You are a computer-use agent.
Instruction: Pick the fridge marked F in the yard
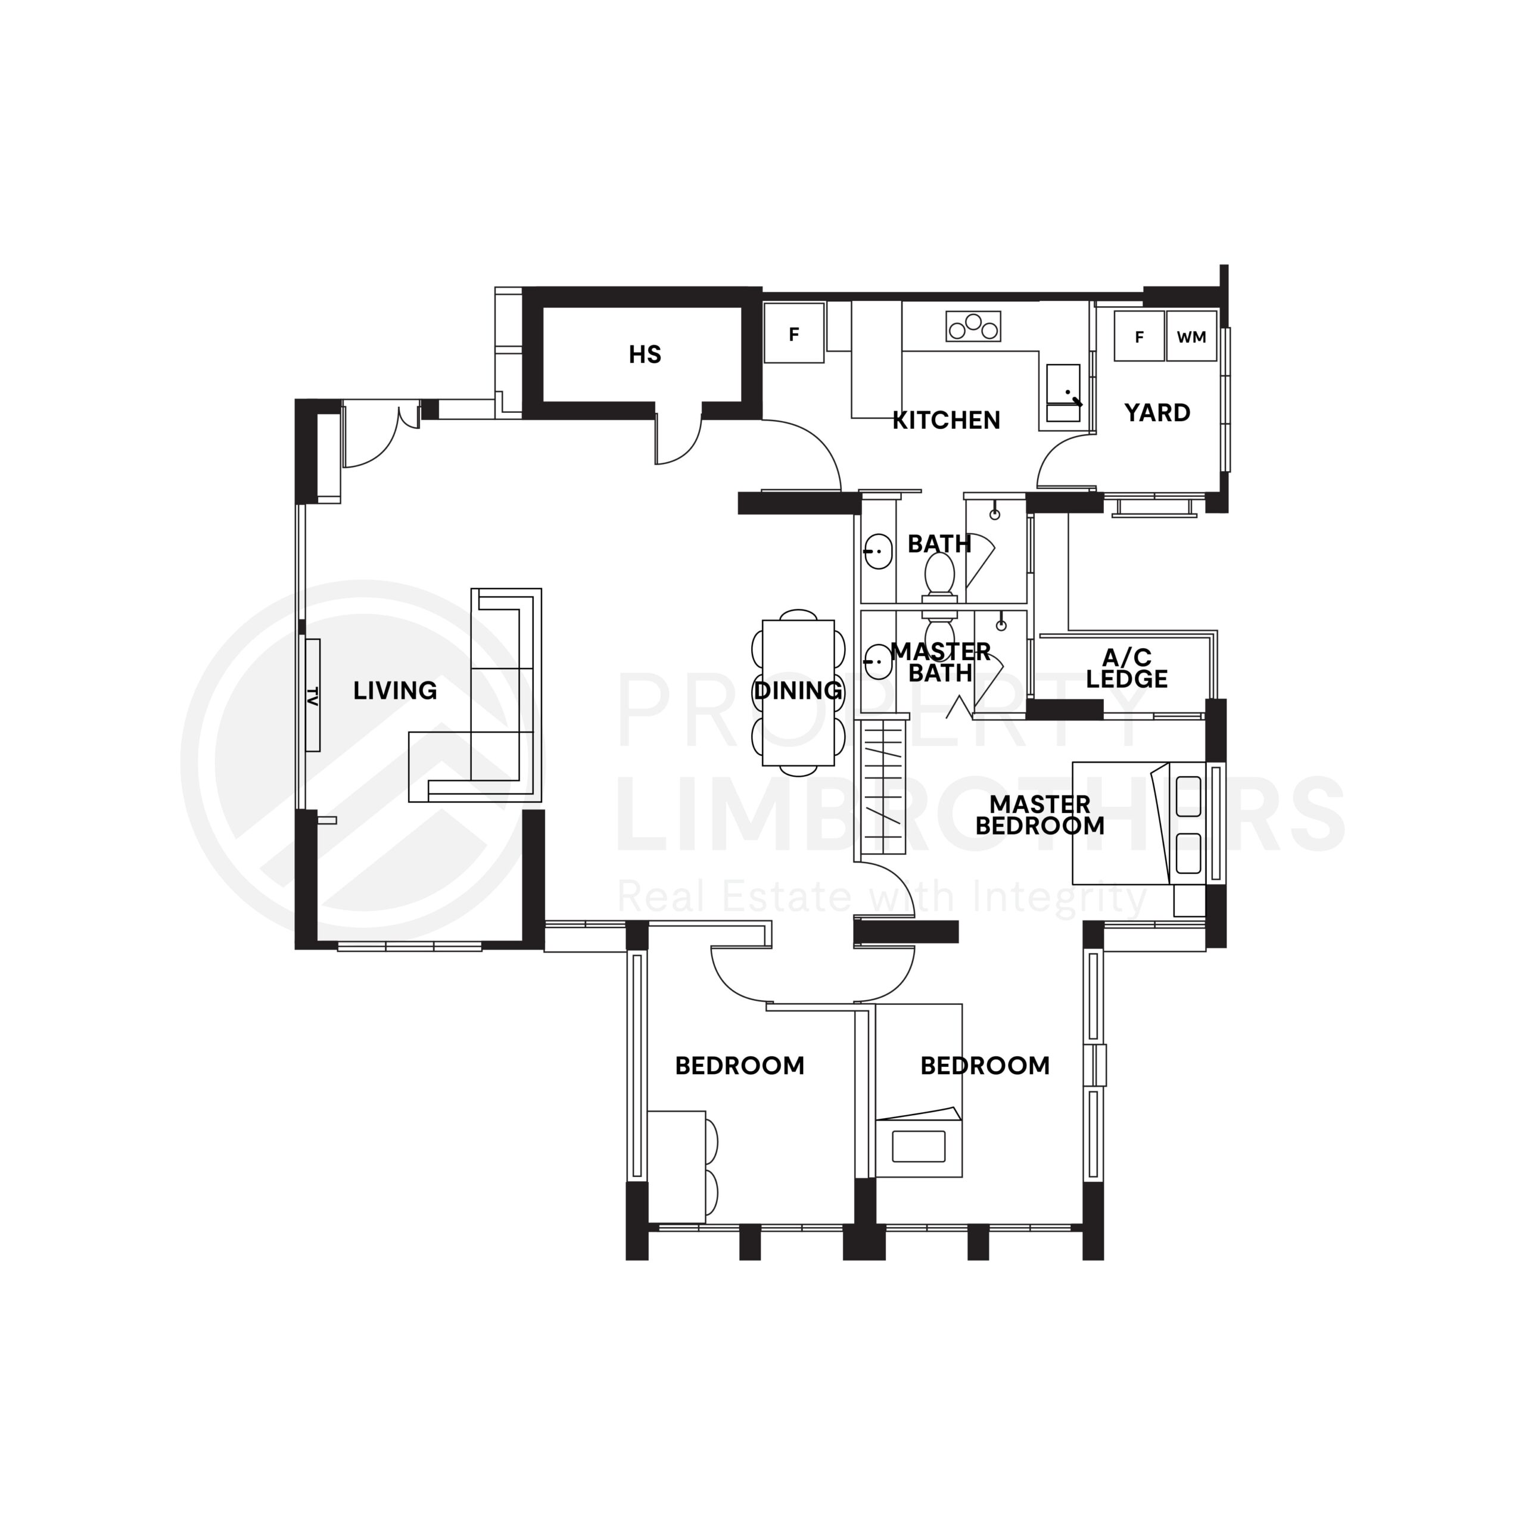click(x=1138, y=337)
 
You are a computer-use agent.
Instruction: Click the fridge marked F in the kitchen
click(x=793, y=334)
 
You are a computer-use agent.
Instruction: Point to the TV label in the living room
click(x=313, y=695)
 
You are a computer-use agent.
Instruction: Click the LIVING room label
click(x=395, y=690)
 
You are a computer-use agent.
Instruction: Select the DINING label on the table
click(x=797, y=690)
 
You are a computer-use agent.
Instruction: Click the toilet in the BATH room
click(x=939, y=573)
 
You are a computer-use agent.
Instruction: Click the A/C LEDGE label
click(x=1126, y=668)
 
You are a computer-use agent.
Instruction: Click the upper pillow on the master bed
click(x=1188, y=796)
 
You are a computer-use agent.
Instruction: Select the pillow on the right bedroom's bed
click(x=918, y=1146)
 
